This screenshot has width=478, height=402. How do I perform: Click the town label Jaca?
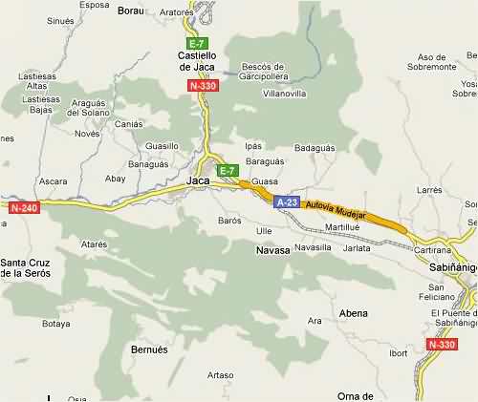pos(198,180)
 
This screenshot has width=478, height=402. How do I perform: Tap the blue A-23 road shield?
pos(287,201)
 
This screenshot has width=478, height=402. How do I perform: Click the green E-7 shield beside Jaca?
pos(227,171)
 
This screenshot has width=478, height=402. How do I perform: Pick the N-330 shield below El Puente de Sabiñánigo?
pos(444,344)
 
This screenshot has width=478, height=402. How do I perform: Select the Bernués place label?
pos(148,349)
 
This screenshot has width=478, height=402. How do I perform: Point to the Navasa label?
pos(272,250)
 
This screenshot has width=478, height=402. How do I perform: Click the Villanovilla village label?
pos(284,95)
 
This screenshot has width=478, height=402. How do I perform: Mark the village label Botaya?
pos(56,324)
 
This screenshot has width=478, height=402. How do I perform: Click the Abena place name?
pos(353,313)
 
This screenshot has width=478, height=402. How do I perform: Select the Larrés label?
pos(430,191)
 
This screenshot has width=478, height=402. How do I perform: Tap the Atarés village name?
pos(94,244)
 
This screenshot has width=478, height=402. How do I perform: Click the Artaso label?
pos(221,374)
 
